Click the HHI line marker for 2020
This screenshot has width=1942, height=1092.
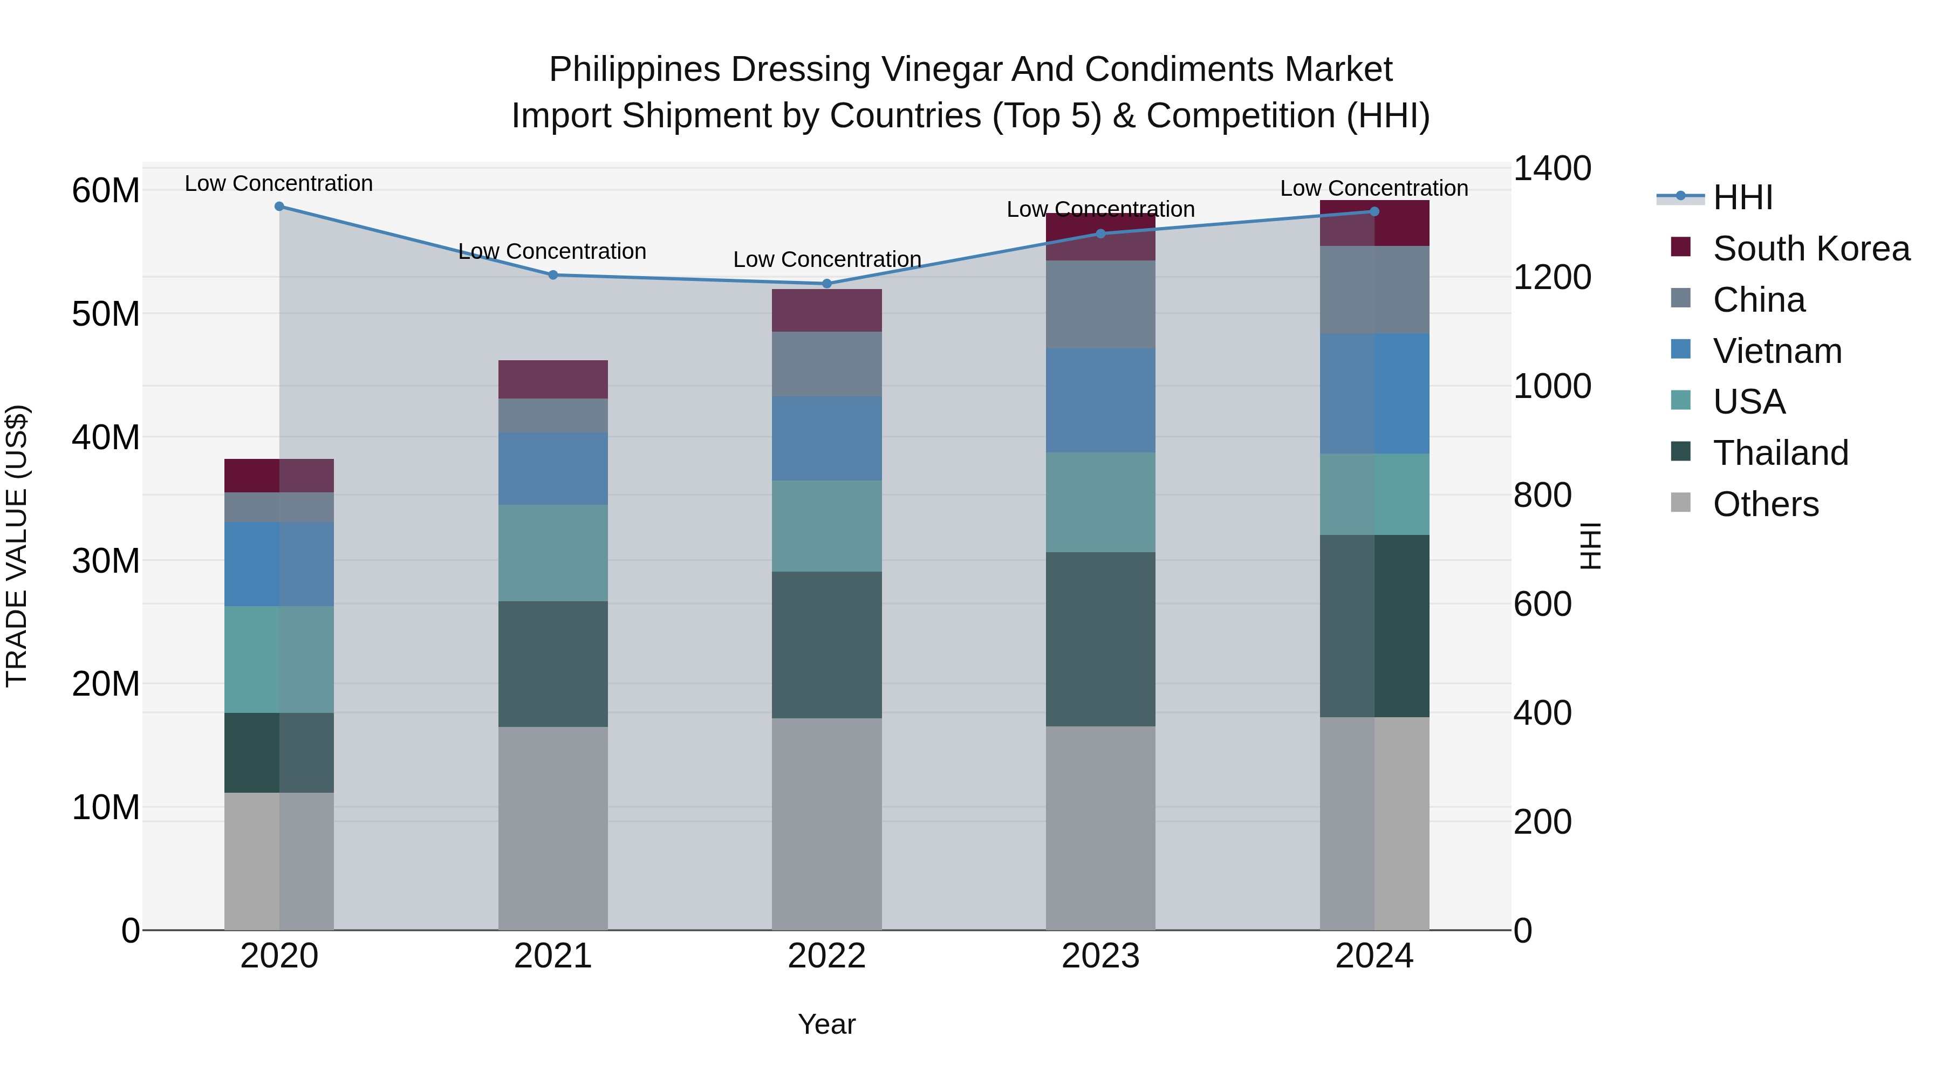[x=279, y=206]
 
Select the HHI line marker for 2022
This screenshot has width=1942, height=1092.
[x=826, y=283]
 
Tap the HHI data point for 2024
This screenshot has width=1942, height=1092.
[x=1373, y=212]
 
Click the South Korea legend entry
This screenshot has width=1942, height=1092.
[x=1811, y=249]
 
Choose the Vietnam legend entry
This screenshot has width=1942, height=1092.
[x=1777, y=351]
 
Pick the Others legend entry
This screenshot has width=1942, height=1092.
[x=1765, y=504]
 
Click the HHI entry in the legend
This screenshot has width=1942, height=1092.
[x=1742, y=197]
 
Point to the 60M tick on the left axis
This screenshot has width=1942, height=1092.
[x=106, y=191]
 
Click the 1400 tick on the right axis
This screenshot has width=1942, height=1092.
[x=1551, y=168]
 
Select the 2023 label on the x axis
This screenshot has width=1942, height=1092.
[x=1100, y=956]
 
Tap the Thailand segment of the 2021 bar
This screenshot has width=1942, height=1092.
[x=552, y=663]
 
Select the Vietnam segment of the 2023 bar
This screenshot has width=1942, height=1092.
[x=1100, y=400]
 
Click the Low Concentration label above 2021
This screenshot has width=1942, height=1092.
[x=552, y=251]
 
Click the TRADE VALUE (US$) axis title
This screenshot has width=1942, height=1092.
[x=17, y=546]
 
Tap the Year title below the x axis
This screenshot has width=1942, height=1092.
[x=826, y=1024]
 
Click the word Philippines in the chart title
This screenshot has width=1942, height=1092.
[x=634, y=70]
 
